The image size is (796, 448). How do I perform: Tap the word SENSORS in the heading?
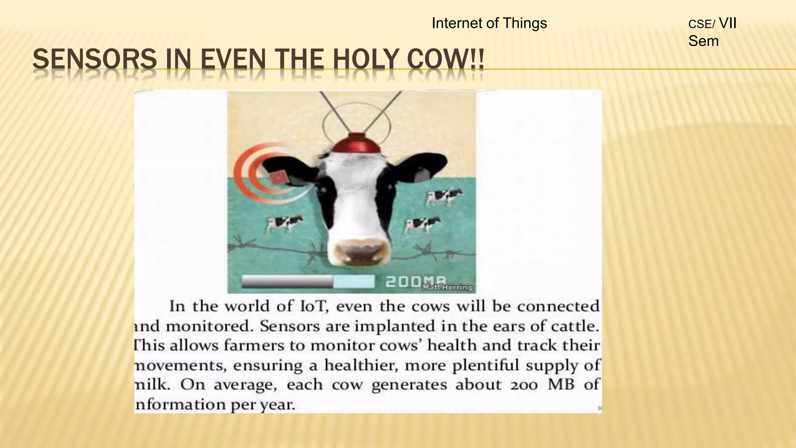[94, 60]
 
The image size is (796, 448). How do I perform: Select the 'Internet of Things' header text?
[489, 23]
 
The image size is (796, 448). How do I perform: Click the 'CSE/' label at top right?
[701, 24]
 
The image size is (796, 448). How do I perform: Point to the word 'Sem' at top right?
[703, 41]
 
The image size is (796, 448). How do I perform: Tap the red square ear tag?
[278, 178]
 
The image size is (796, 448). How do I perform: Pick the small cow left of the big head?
[284, 224]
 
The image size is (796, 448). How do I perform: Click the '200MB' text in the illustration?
[416, 281]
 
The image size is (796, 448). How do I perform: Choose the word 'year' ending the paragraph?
[276, 405]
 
